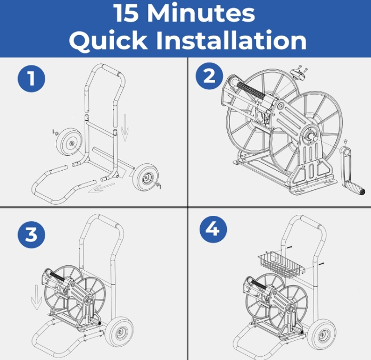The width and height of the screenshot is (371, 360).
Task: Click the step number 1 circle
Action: pos(31,79)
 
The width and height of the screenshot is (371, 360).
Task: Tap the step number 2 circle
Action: pos(209,76)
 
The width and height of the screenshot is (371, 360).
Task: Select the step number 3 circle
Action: pos(31,235)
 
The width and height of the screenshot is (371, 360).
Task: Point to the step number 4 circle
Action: pos(213,229)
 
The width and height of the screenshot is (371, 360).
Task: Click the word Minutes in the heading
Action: pos(201,13)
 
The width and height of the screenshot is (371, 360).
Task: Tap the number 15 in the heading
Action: pos(127,13)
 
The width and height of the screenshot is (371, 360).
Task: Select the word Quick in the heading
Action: pos(109,40)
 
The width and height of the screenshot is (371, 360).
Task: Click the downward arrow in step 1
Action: pos(125,128)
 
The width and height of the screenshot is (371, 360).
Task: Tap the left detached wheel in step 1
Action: pos(68,142)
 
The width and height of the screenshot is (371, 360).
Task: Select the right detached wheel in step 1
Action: pos(145,177)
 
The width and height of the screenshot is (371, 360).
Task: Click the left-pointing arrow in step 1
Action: pos(101,188)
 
